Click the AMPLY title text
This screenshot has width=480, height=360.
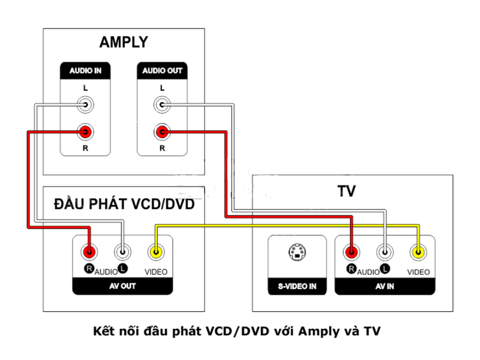pos(124,43)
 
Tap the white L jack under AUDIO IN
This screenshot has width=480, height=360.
pos(85,106)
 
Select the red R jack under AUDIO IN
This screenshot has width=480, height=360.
pos(85,131)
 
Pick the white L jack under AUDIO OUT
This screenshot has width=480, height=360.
pos(161,106)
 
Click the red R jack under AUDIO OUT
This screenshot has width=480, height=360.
pos(161,131)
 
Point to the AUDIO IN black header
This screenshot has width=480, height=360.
pos(85,71)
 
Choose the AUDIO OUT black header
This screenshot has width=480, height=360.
pos(162,71)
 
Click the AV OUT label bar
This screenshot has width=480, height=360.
pos(122,286)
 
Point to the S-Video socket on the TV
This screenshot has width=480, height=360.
pos(296,253)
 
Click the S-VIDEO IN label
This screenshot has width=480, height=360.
pos(296,286)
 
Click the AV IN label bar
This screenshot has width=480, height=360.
pos(385,286)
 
